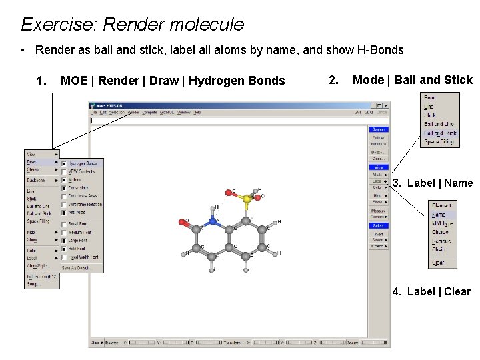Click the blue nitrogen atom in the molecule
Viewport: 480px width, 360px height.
pos(213,221)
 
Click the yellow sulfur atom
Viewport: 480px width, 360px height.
pos(247,198)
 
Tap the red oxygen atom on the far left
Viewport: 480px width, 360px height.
pos(182,221)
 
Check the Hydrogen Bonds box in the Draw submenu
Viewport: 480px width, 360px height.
pos(64,163)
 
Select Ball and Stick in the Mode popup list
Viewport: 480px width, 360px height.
pos(440,133)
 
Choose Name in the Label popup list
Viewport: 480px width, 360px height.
pos(439,215)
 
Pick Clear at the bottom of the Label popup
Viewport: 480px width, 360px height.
pos(438,263)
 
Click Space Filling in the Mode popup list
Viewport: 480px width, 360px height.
pos(439,141)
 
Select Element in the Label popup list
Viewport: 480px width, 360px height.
pos(441,206)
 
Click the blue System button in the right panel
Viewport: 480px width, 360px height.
pos(378,129)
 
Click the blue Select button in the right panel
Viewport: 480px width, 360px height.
pos(378,226)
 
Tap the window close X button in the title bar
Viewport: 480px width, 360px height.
pos(385,105)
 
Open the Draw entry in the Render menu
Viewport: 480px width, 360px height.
pos(32,162)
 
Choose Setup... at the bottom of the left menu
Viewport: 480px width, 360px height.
pos(33,284)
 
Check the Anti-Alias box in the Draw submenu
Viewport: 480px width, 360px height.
pos(64,213)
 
